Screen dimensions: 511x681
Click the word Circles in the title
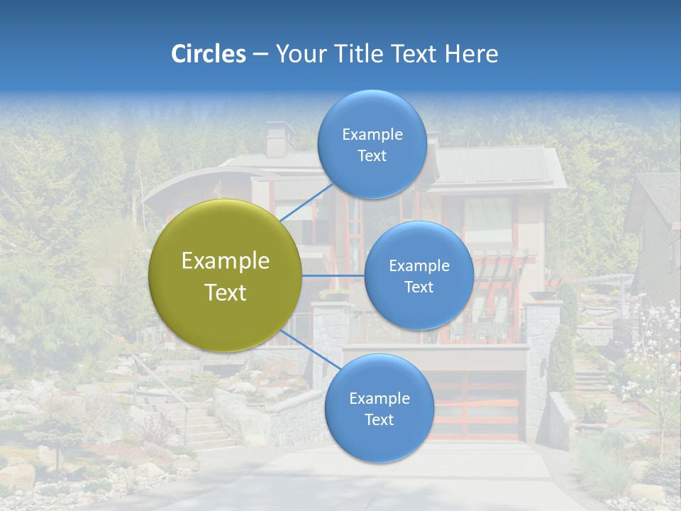pos(209,54)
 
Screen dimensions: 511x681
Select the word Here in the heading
pos(471,54)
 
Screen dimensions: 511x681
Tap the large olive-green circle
pos(225,275)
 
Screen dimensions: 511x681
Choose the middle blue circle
pos(419,275)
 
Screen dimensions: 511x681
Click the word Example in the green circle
pos(225,260)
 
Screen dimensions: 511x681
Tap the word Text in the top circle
pos(372,156)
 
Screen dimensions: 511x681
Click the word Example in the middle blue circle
pos(419,265)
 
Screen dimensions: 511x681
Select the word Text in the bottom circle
pos(379,419)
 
